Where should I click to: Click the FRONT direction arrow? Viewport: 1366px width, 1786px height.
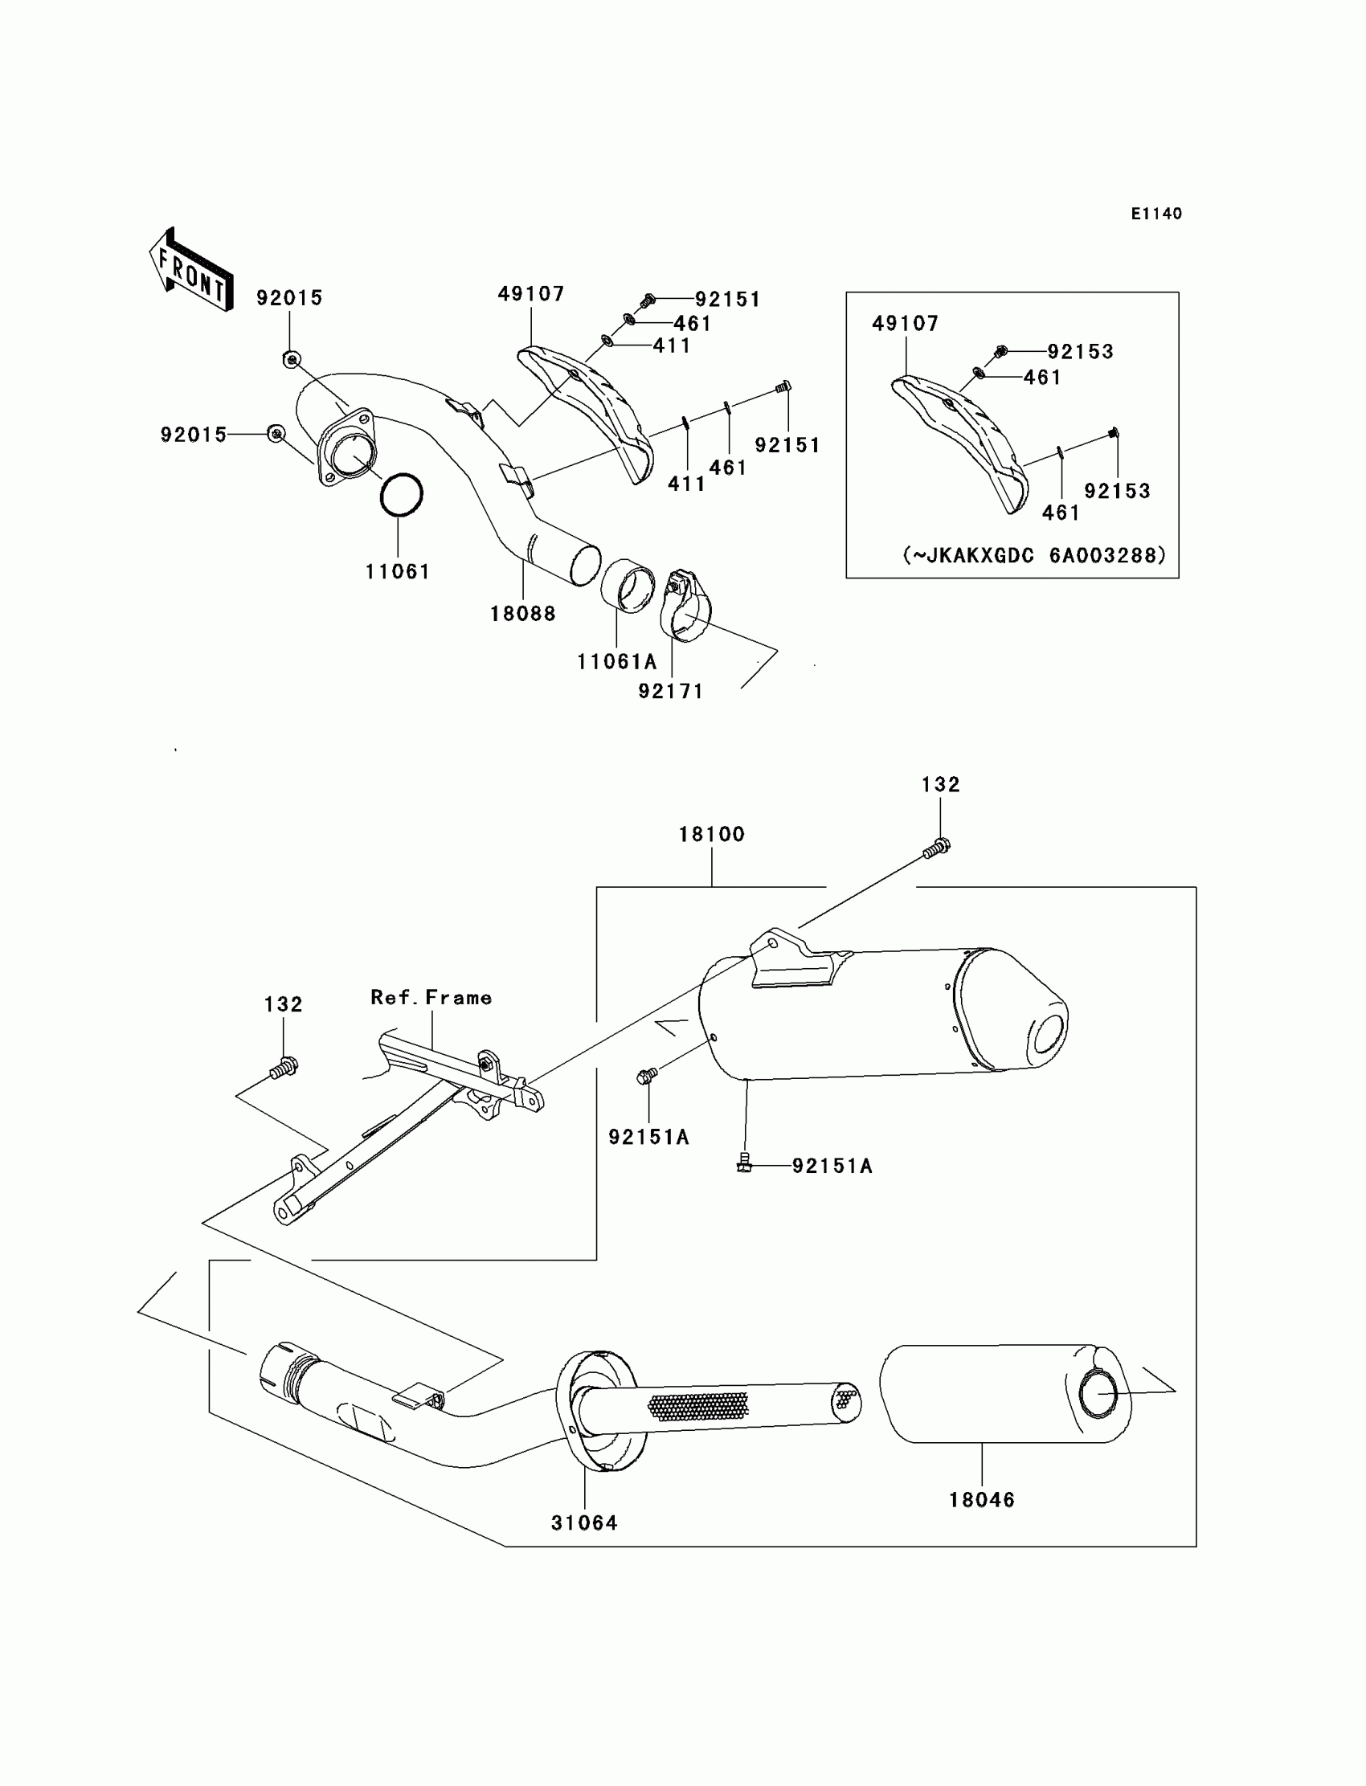pos(192,271)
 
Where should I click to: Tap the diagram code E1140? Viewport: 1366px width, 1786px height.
pos(1155,214)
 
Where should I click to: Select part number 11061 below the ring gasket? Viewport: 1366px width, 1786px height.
pos(397,571)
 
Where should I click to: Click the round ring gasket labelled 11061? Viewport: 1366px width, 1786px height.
pos(402,494)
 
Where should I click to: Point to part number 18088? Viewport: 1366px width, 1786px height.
pos(523,614)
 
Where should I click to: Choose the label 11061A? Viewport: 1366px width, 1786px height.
pos(616,662)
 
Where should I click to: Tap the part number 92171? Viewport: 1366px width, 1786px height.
pos(671,691)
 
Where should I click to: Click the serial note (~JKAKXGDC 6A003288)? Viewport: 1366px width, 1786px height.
pos(1034,555)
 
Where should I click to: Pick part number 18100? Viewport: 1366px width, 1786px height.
pos(711,834)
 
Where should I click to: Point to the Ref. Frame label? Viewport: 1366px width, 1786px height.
pos(431,998)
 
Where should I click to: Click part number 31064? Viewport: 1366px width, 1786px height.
pos(584,1522)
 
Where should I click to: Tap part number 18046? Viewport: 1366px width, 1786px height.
pos(981,1500)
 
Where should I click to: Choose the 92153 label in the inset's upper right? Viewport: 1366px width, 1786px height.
pos(1080,351)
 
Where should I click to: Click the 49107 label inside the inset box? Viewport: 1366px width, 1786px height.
pos(905,324)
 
